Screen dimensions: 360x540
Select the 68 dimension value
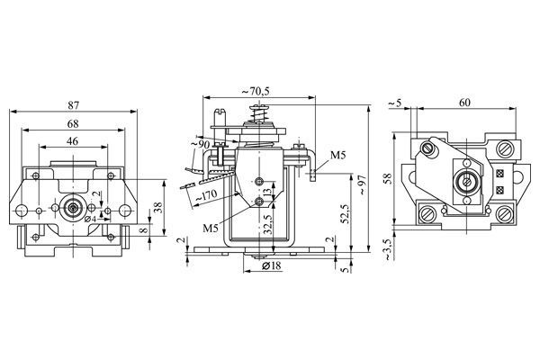(x=74, y=123)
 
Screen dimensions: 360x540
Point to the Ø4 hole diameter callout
(x=91, y=220)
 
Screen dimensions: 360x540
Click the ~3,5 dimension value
(x=388, y=249)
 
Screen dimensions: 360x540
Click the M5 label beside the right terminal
(x=337, y=157)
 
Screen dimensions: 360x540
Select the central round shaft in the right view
(x=467, y=181)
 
